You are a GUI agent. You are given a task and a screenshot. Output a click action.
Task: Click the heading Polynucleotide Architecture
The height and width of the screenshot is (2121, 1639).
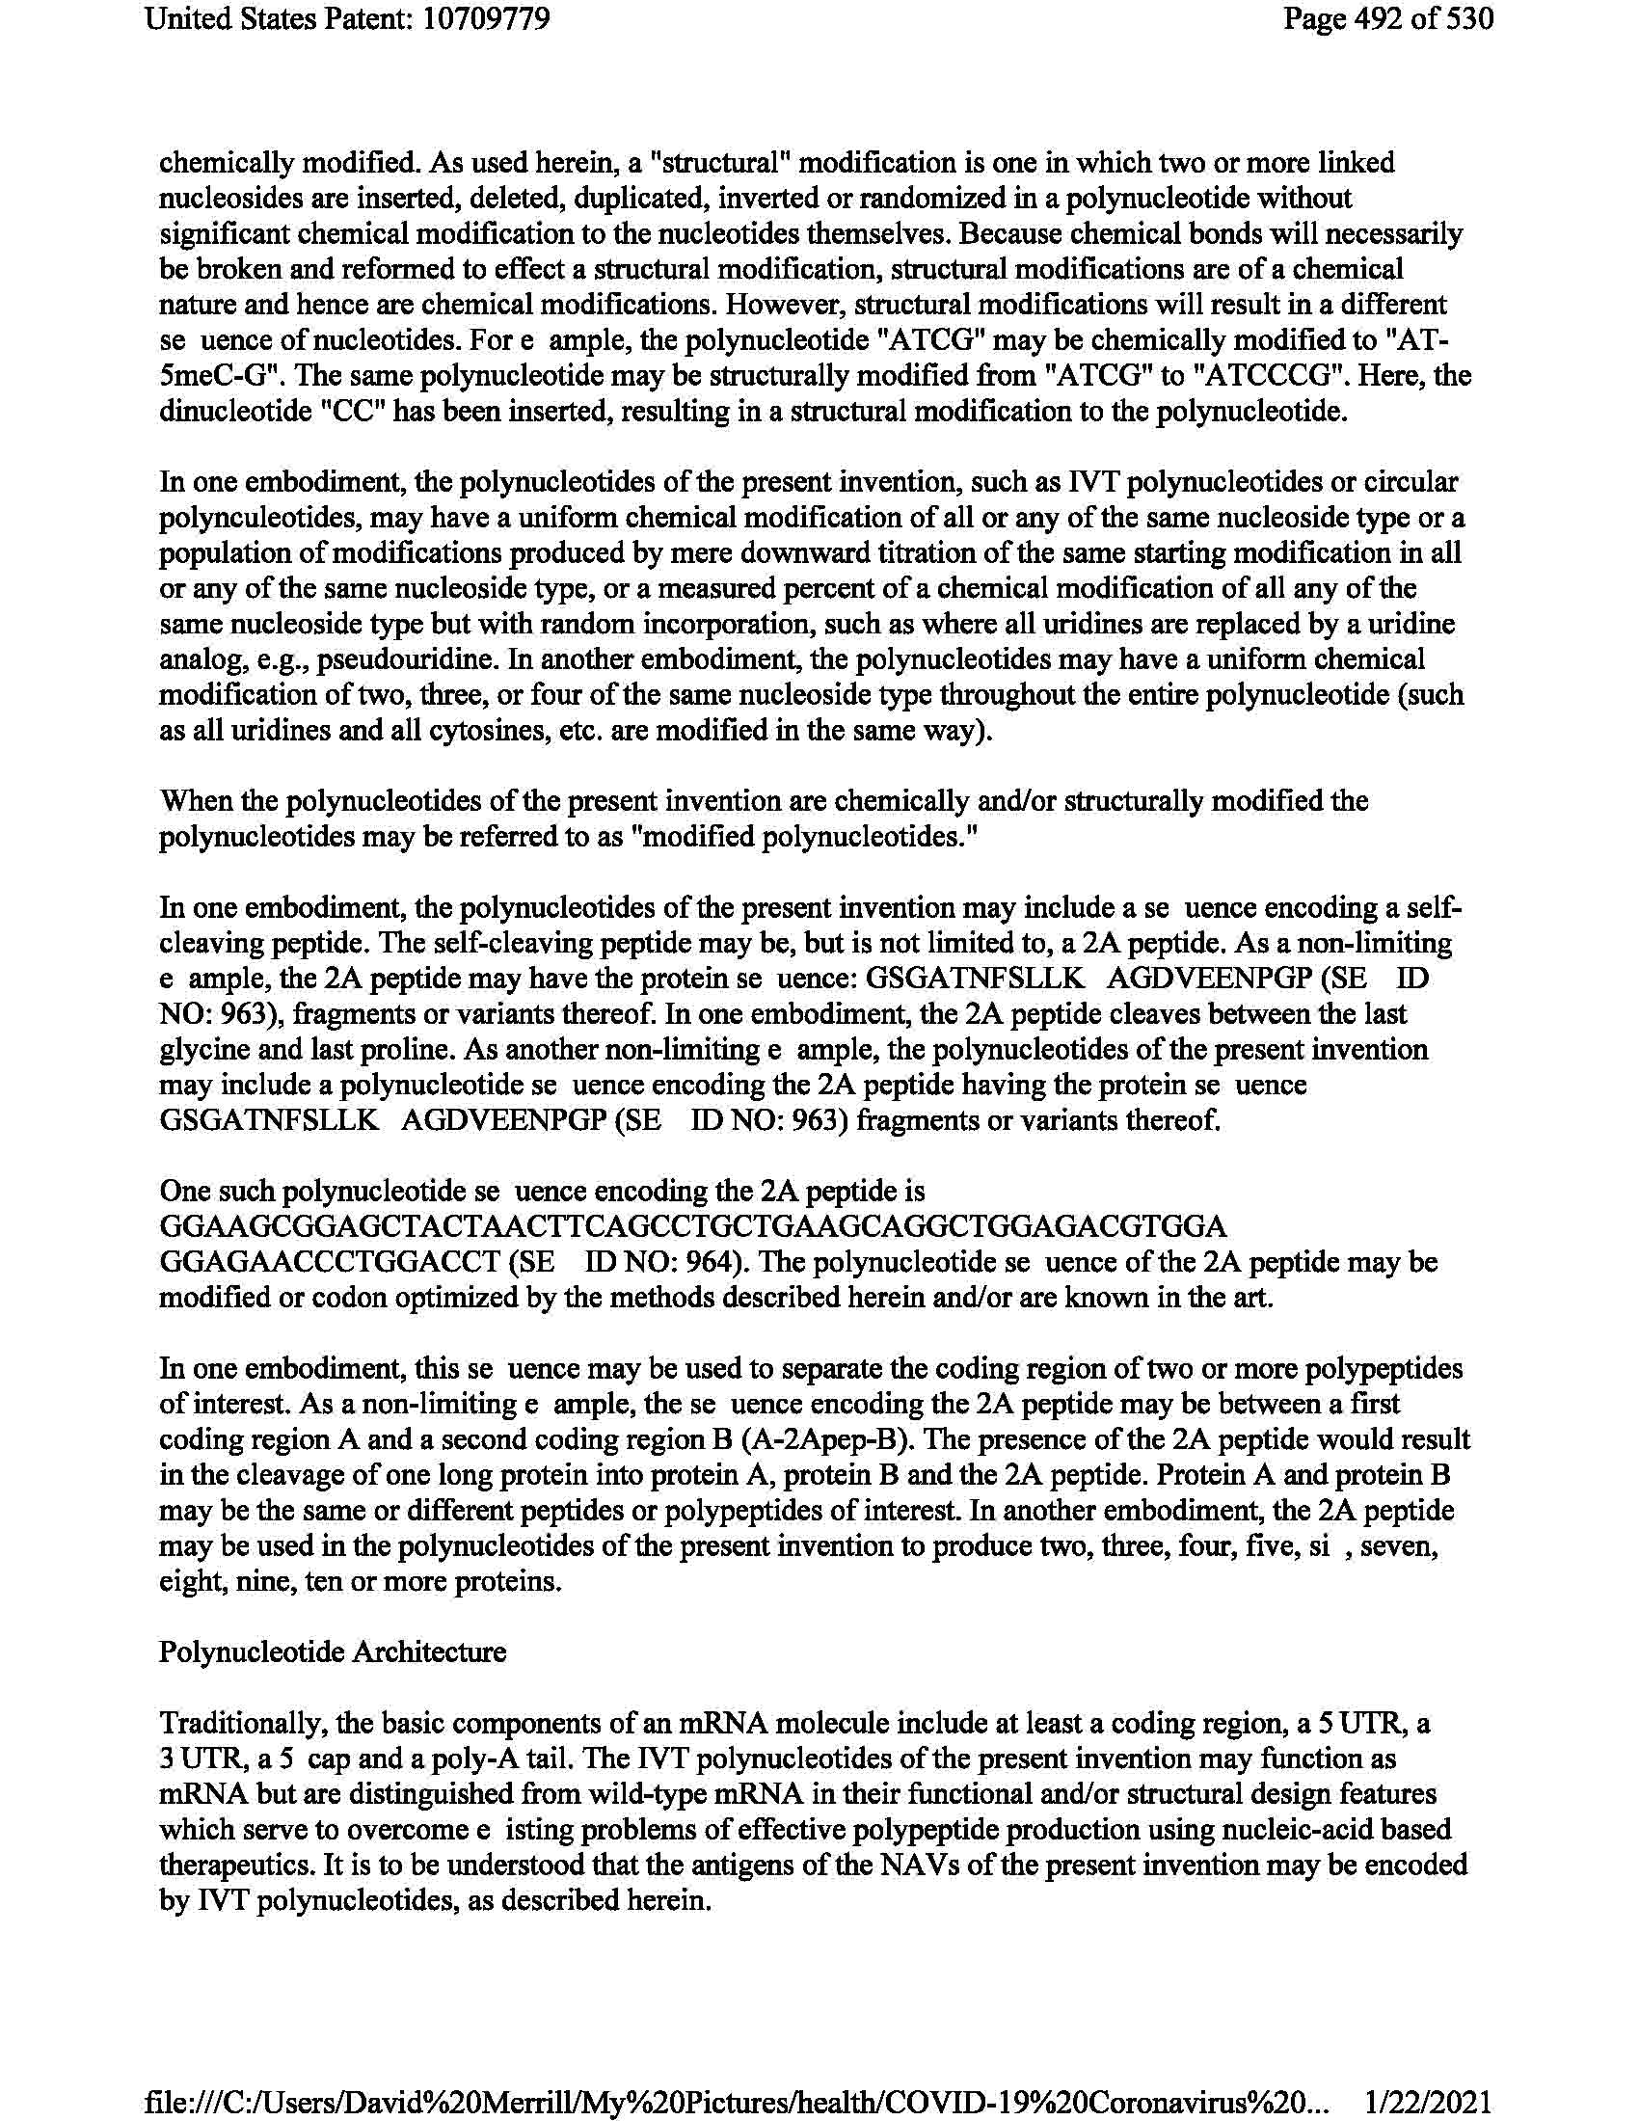(332, 1651)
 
